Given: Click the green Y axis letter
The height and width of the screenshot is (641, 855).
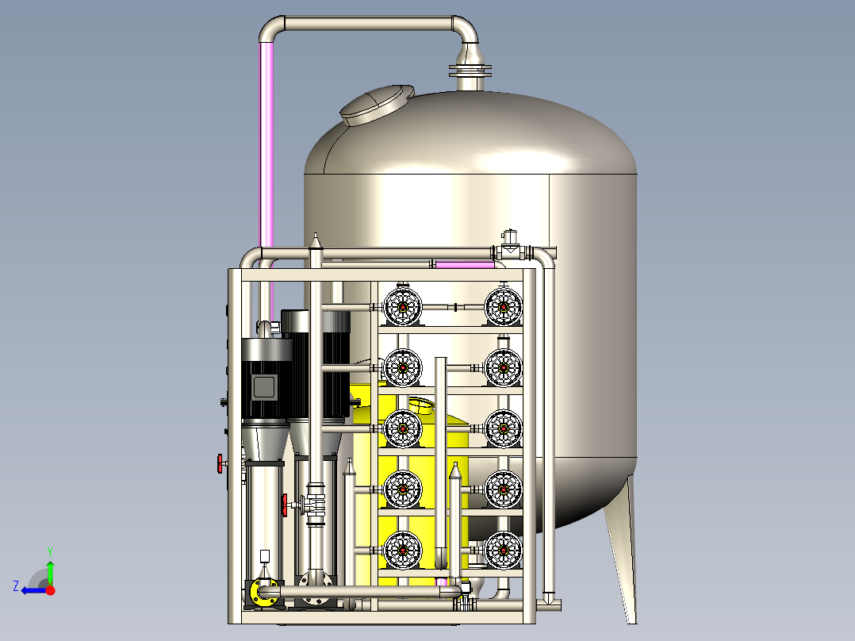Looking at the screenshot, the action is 50,551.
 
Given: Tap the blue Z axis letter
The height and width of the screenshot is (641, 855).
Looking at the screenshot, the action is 16,586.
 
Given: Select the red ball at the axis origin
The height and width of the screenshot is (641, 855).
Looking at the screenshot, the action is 51,590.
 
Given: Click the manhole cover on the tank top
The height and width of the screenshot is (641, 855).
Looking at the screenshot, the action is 377,105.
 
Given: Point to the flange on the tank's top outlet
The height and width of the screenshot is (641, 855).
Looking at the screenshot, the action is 470,71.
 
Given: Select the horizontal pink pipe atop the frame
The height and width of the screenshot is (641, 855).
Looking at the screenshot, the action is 465,265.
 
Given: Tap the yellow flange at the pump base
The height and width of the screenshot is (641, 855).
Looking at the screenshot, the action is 263,593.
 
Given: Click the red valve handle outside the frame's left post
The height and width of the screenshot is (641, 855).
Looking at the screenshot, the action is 220,464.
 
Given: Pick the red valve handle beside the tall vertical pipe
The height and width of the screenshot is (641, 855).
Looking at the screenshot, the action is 285,505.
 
